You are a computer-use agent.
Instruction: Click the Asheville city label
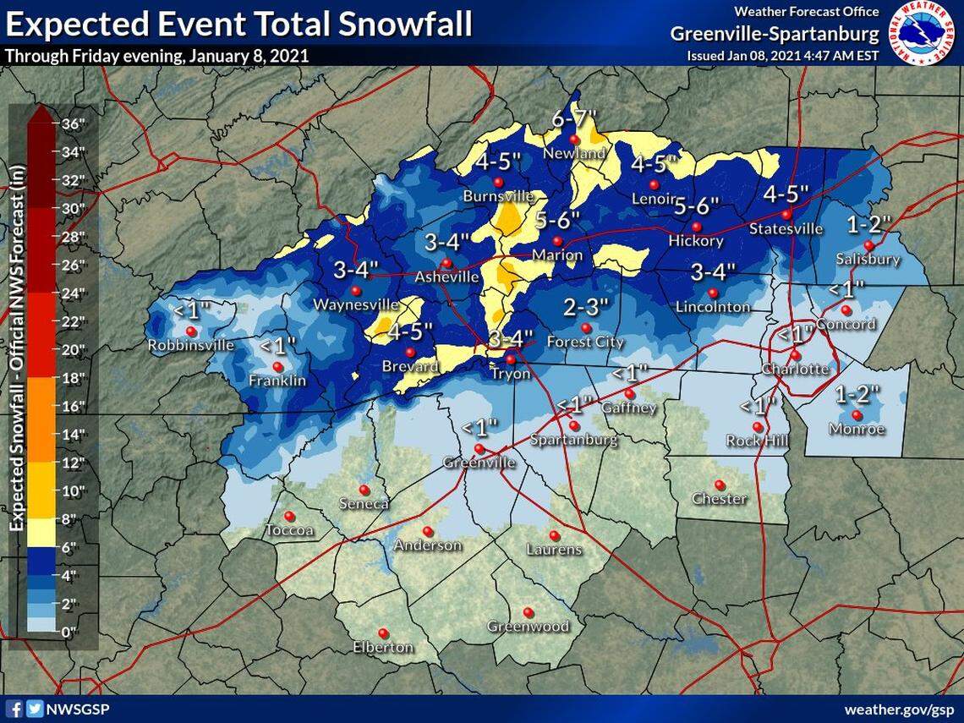(x=447, y=277)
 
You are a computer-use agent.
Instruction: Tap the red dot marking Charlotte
(x=796, y=355)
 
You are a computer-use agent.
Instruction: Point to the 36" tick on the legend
(x=74, y=123)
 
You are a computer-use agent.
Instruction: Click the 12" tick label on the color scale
(x=74, y=463)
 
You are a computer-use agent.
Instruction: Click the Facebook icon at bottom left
(x=14, y=709)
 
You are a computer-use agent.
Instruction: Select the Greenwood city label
(x=528, y=627)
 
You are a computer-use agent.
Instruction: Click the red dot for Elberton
(x=383, y=633)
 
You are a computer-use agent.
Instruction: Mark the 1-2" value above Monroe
(x=857, y=394)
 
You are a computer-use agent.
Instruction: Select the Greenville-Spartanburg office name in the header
(x=775, y=34)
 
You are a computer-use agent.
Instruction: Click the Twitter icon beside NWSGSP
(x=33, y=709)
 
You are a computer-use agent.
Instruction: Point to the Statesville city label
(x=786, y=229)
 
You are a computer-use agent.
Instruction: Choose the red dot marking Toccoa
(x=289, y=516)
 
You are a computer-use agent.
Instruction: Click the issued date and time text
(x=782, y=56)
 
